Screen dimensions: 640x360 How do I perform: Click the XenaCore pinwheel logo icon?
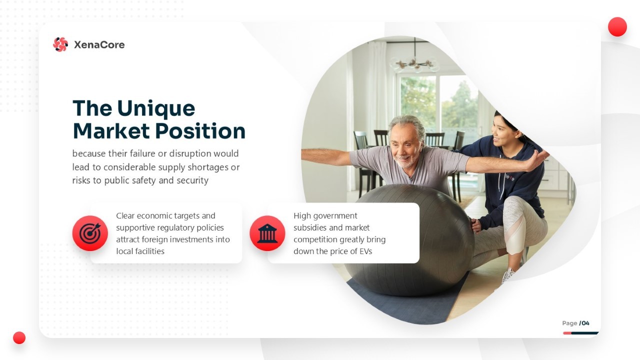pyautogui.click(x=60, y=44)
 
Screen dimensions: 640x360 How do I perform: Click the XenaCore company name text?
pyautogui.click(x=99, y=45)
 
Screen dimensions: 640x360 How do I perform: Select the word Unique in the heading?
pyautogui.click(x=156, y=109)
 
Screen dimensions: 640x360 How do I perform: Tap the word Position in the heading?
pyautogui.click(x=200, y=131)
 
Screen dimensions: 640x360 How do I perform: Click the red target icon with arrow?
pyautogui.click(x=90, y=233)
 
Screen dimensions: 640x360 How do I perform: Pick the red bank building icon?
pyautogui.click(x=267, y=233)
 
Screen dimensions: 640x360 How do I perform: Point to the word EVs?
pyautogui.click(x=365, y=251)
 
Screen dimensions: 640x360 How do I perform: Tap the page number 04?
pyautogui.click(x=585, y=323)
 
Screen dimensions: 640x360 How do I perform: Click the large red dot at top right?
pyautogui.click(x=617, y=27)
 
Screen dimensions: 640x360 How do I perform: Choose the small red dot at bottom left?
pyautogui.click(x=19, y=337)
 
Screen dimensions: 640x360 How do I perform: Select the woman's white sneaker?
pyautogui.click(x=508, y=275)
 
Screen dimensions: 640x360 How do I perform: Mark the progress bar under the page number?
pyautogui.click(x=581, y=333)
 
